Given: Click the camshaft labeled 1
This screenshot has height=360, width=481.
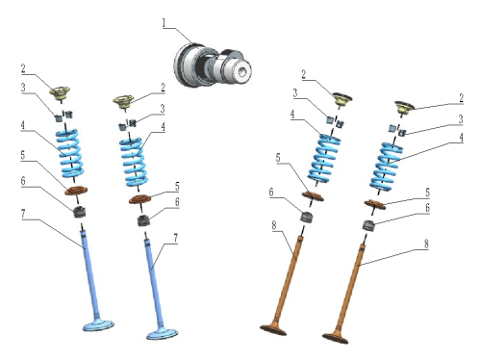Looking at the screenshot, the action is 213,65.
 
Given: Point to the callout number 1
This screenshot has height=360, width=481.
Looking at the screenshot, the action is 165,23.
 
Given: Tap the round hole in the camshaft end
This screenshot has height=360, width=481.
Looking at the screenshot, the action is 242,71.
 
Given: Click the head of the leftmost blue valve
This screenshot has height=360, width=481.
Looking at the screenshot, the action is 98,325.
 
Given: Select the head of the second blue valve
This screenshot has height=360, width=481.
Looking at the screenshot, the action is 162,334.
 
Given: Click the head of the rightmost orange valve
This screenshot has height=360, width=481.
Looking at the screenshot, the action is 336,338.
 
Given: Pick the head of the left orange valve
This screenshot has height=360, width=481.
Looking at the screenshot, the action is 273,330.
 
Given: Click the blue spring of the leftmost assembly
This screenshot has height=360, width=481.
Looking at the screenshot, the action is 70,153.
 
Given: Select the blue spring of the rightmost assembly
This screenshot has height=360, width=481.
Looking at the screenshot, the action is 386,167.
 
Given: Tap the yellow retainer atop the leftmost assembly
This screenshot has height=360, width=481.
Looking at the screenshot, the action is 60,92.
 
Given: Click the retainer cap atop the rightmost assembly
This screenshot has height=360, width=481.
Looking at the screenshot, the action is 404,107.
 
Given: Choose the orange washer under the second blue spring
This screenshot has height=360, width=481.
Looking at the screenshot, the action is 139,199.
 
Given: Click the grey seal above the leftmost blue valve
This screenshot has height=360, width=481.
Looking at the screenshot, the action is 80,212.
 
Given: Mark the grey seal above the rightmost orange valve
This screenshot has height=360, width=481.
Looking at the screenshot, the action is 368,225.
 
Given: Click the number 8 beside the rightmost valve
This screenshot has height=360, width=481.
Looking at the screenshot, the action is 426,244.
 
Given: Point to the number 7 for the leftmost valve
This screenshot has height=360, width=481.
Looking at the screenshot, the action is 23,214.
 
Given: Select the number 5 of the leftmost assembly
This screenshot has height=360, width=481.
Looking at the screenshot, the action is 22,155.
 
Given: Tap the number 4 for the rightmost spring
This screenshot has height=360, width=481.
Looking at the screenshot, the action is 461,138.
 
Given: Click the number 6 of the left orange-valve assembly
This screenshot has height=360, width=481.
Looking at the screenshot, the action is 271,193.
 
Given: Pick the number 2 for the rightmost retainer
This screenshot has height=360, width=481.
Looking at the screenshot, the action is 461,98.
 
